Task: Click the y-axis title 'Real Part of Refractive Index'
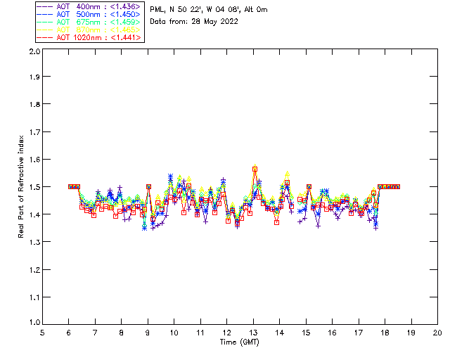[x=22, y=188]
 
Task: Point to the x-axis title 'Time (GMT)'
[x=240, y=342]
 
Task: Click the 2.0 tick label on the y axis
[x=33, y=52]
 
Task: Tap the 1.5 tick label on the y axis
[x=33, y=187]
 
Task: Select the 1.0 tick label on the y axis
[x=33, y=323]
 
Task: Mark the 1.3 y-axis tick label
[x=33, y=242]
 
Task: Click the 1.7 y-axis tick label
[x=33, y=132]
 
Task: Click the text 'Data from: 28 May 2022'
[x=194, y=22]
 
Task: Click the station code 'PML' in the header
[x=157, y=10]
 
